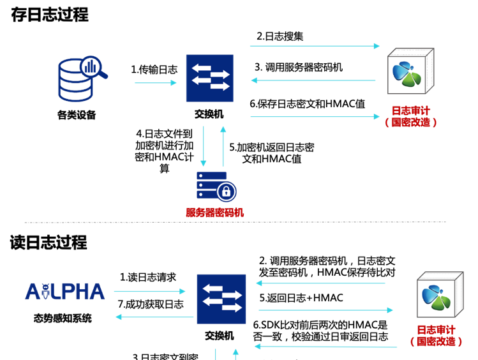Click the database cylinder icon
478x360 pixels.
coord(75,81)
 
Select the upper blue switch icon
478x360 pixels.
coord(209,78)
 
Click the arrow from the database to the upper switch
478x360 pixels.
coord(155,83)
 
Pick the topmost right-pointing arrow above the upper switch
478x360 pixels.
coord(315,46)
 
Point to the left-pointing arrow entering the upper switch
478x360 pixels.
coord(313,80)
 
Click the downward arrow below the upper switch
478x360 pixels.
coord(204,146)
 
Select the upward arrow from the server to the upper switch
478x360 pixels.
coord(223,146)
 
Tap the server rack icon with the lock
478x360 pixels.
coord(216,186)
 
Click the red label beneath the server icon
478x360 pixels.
coord(215,213)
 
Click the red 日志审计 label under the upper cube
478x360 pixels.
coord(410,110)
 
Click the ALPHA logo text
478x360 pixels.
coord(64,292)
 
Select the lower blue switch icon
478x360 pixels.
coord(221,299)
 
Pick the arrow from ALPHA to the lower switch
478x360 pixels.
coord(149,292)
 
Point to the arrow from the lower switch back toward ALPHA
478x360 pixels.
coord(154,317)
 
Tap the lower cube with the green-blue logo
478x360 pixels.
coord(439,296)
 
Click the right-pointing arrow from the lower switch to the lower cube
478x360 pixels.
coord(325,310)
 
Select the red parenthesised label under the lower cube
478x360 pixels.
coord(436,342)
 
